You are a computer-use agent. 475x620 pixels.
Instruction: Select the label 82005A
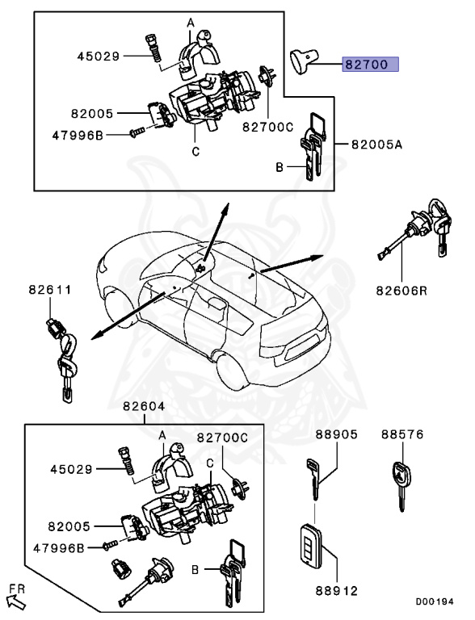point(376,144)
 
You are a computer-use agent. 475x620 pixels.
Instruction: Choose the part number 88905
point(336,434)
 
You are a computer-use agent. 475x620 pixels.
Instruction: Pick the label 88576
point(402,434)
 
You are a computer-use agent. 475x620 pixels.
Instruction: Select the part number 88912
point(337,591)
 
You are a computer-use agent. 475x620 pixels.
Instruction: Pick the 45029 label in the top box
point(99,57)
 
